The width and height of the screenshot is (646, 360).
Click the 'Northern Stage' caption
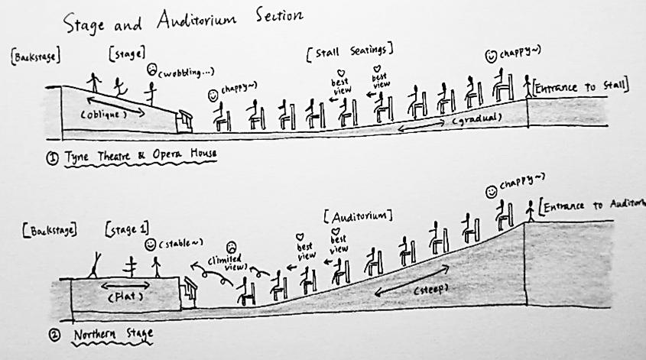(112, 333)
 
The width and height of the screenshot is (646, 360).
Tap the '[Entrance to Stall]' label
(581, 87)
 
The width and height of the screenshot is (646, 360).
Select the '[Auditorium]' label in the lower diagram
(359, 213)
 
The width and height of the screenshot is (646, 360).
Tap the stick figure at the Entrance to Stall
(528, 86)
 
